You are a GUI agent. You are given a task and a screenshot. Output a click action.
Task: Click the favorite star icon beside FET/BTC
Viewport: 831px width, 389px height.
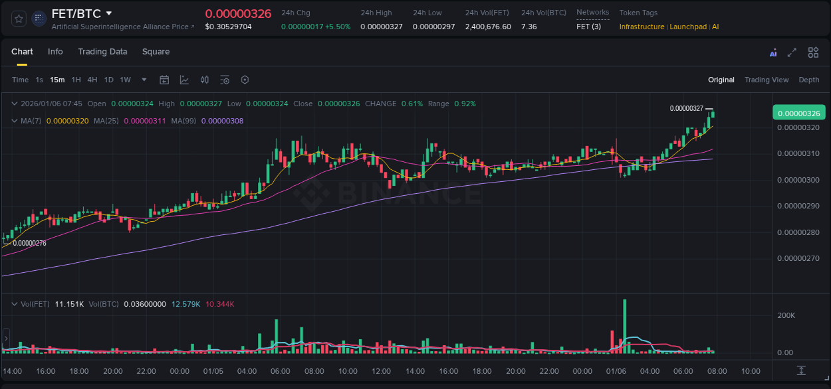(19, 19)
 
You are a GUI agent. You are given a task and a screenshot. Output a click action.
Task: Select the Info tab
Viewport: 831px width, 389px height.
(55, 52)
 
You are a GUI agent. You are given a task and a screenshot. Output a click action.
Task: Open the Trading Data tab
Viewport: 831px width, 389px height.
(102, 52)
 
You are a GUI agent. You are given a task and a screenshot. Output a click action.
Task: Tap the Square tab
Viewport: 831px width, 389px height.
(156, 52)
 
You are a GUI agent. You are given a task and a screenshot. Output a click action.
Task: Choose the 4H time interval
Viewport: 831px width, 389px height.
(92, 80)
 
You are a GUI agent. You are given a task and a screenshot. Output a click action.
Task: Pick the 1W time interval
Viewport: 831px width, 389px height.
(125, 80)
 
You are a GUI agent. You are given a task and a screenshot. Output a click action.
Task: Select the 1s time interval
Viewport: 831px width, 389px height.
(39, 80)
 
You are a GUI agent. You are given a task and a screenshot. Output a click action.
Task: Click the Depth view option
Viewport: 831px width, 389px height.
(808, 80)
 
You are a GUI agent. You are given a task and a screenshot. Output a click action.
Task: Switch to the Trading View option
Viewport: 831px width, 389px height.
(766, 80)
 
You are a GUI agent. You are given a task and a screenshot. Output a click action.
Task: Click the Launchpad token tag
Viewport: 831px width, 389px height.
(688, 27)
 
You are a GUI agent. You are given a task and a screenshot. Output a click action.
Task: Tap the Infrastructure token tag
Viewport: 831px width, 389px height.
(642, 27)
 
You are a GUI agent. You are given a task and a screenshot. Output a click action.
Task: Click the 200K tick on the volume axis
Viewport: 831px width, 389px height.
(786, 315)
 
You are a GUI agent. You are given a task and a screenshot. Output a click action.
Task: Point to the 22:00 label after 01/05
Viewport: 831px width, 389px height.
(548, 371)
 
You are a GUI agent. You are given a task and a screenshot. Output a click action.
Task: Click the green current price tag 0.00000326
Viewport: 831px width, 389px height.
(798, 113)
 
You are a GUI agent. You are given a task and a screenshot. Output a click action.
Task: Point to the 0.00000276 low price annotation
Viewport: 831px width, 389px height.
(30, 243)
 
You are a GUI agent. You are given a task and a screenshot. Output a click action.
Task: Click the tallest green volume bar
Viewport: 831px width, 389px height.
(625, 325)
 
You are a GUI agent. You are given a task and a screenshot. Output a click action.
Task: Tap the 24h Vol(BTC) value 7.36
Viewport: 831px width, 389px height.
(529, 27)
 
